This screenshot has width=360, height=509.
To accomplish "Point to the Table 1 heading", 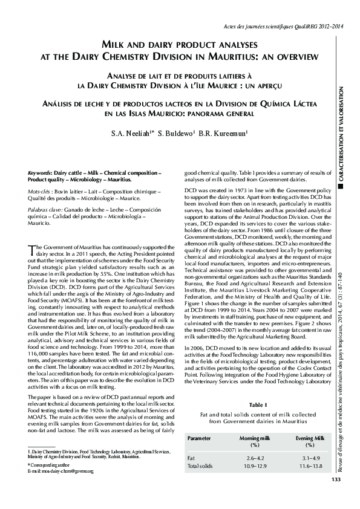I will point(257,403).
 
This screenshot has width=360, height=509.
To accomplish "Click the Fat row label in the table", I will point(192,458).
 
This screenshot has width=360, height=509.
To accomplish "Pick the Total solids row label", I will point(200,466).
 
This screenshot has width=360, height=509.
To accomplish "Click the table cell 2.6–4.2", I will point(254,458).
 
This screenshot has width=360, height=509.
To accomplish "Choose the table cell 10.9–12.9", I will point(254,466).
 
